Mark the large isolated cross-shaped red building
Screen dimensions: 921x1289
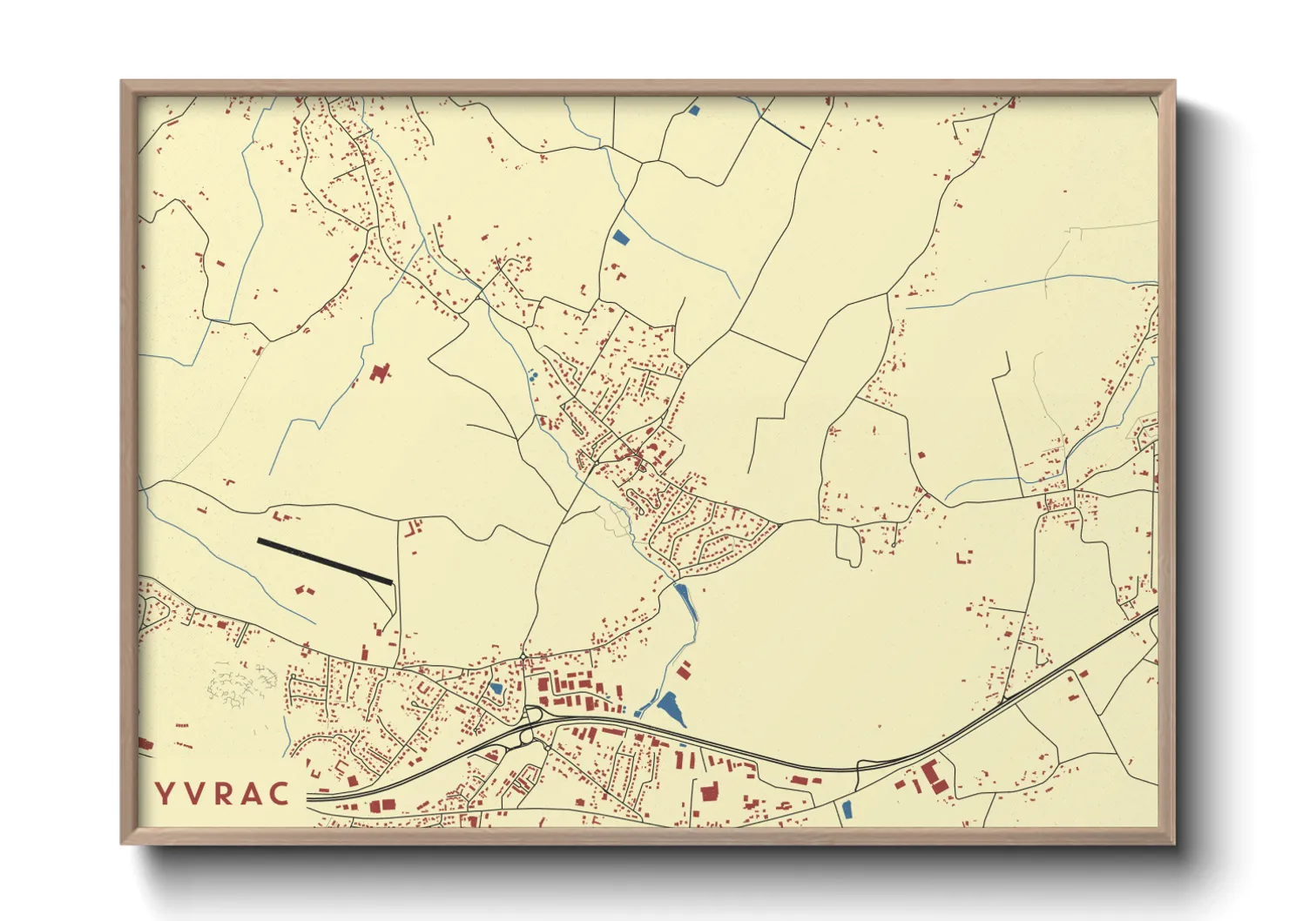pyautogui.click(x=378, y=373)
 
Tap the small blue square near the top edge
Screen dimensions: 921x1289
pyautogui.click(x=694, y=111)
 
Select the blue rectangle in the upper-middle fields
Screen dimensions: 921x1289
pyautogui.click(x=620, y=236)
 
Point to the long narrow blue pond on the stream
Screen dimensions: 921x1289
pyautogui.click(x=685, y=601)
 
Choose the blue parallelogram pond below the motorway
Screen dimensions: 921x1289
pyautogui.click(x=847, y=809)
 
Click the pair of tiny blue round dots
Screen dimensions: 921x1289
pyautogui.click(x=532, y=377)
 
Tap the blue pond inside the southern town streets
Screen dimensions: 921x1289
pyautogui.click(x=496, y=689)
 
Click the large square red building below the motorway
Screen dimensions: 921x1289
pyautogui.click(x=708, y=791)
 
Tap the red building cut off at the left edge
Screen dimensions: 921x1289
pyautogui.click(x=145, y=743)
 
